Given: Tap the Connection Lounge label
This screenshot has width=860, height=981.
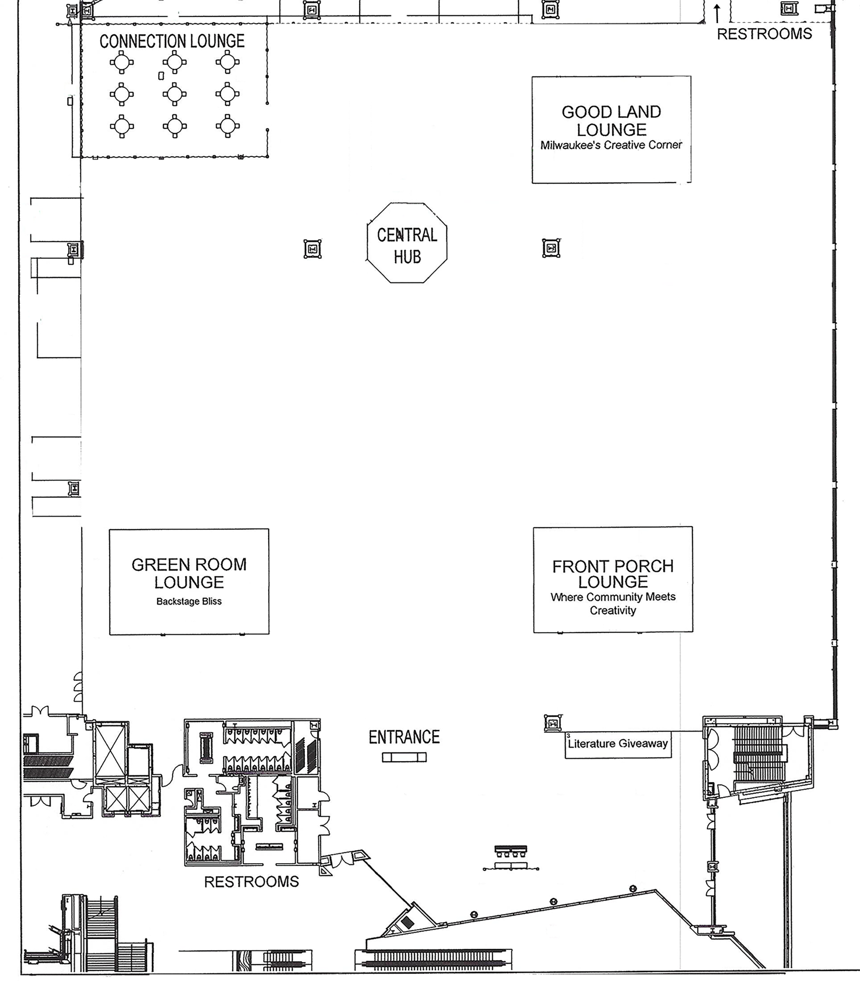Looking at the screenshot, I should pyautogui.click(x=172, y=41).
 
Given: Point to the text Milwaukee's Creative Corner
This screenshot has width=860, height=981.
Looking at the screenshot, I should pyautogui.click(x=611, y=145).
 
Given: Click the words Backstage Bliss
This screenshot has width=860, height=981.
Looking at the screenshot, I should pyautogui.click(x=189, y=601).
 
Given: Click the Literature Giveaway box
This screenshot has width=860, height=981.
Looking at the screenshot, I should pyautogui.click(x=618, y=744).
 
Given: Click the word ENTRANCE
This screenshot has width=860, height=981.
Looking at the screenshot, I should pyautogui.click(x=404, y=737).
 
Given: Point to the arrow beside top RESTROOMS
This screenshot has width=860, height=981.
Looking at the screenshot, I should pyautogui.click(x=717, y=13).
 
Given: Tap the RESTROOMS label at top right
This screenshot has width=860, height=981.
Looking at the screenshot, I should pyautogui.click(x=764, y=34).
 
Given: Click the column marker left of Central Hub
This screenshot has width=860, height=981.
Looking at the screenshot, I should pyautogui.click(x=312, y=249).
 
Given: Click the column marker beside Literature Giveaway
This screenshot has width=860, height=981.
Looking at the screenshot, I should pyautogui.click(x=553, y=723).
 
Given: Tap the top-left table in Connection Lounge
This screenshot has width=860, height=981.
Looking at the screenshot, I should pyautogui.click(x=122, y=62).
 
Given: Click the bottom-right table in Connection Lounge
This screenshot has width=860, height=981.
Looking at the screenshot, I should pyautogui.click(x=228, y=126).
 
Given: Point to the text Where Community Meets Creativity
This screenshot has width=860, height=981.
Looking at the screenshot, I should pyautogui.click(x=613, y=604).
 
